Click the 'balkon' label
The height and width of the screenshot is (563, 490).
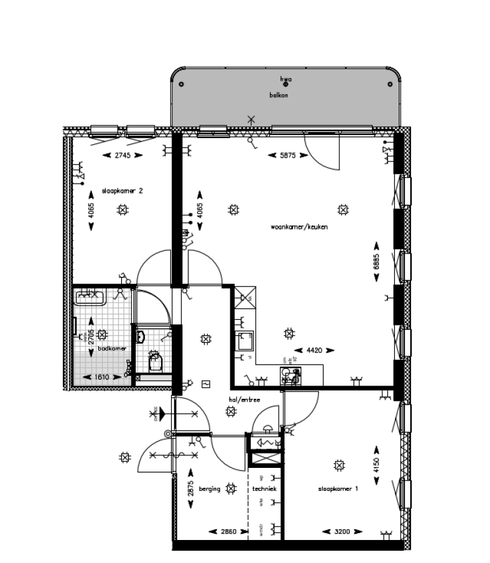tap(279, 95)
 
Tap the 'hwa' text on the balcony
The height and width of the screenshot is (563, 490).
tap(286, 80)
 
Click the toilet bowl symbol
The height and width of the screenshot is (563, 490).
tap(154, 364)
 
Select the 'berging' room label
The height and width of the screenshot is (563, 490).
tap(209, 489)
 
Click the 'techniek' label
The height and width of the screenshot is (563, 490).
tap(264, 489)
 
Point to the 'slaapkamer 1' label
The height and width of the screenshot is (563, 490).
tap(338, 489)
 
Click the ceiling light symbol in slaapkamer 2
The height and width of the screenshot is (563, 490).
tap(122, 209)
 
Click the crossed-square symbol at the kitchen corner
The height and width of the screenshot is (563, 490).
tap(245, 296)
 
